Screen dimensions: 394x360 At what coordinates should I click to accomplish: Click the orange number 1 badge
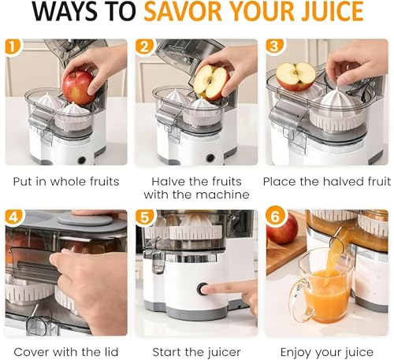[x=13, y=47]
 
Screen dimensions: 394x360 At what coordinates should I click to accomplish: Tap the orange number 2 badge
[x=144, y=47]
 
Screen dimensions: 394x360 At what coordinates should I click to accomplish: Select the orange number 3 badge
[x=274, y=46]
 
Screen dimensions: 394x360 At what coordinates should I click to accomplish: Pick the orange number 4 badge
[x=13, y=217]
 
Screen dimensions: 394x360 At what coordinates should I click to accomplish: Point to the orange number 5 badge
[x=144, y=217]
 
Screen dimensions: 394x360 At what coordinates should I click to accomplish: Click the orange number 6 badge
[x=274, y=217]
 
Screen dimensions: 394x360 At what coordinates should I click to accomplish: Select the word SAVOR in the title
[x=183, y=12]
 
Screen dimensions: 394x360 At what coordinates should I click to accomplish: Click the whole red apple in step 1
[x=78, y=87]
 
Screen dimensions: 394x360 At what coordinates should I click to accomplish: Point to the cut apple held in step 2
[x=211, y=82]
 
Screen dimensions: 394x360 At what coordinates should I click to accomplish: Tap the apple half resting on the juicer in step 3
[x=295, y=76]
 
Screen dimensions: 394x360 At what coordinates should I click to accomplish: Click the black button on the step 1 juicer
[x=82, y=159]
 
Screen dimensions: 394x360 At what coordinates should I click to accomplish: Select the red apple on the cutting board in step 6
[x=282, y=228]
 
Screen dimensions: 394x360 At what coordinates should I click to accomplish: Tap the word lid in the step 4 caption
[x=110, y=352]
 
